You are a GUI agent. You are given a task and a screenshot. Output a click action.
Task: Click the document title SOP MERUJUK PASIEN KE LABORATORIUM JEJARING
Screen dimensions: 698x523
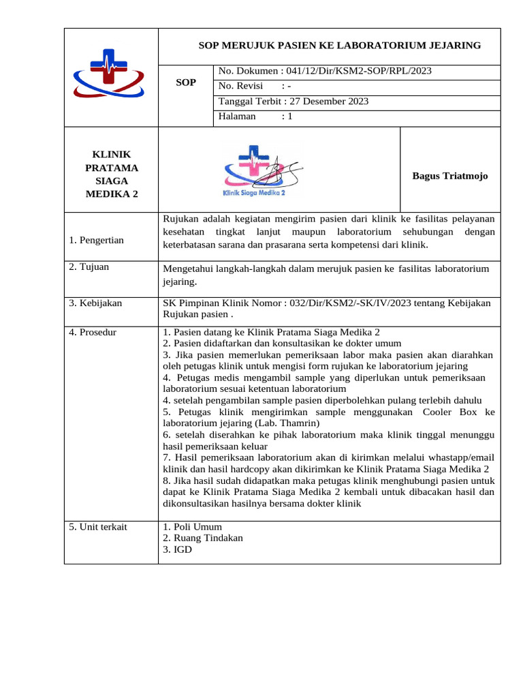(x=339, y=46)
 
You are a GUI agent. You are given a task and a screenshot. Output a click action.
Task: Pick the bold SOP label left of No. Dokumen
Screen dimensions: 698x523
(x=185, y=82)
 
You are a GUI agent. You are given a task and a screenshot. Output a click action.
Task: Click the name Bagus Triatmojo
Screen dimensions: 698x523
(x=449, y=176)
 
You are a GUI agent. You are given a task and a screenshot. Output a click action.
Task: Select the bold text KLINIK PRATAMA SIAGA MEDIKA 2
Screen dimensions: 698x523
(x=111, y=174)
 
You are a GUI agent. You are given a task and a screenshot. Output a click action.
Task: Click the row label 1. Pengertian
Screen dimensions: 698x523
(x=97, y=241)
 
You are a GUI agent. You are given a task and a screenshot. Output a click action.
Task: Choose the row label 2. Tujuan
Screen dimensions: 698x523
(x=89, y=267)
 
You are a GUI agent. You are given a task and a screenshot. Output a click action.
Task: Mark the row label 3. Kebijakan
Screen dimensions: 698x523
(x=95, y=303)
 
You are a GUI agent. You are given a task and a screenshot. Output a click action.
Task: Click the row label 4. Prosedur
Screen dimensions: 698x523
(x=93, y=332)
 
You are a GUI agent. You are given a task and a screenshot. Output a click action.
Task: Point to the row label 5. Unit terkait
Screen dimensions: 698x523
(x=98, y=526)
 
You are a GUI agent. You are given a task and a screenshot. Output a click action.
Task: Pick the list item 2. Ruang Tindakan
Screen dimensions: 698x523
(x=203, y=538)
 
